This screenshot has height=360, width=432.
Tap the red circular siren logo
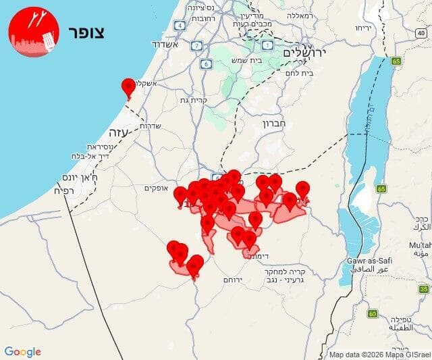coord(34,32)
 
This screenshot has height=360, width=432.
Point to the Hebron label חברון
coord(276,124)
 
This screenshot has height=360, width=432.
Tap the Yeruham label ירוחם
coord(234,280)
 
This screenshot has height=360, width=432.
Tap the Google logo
coord(23,352)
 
